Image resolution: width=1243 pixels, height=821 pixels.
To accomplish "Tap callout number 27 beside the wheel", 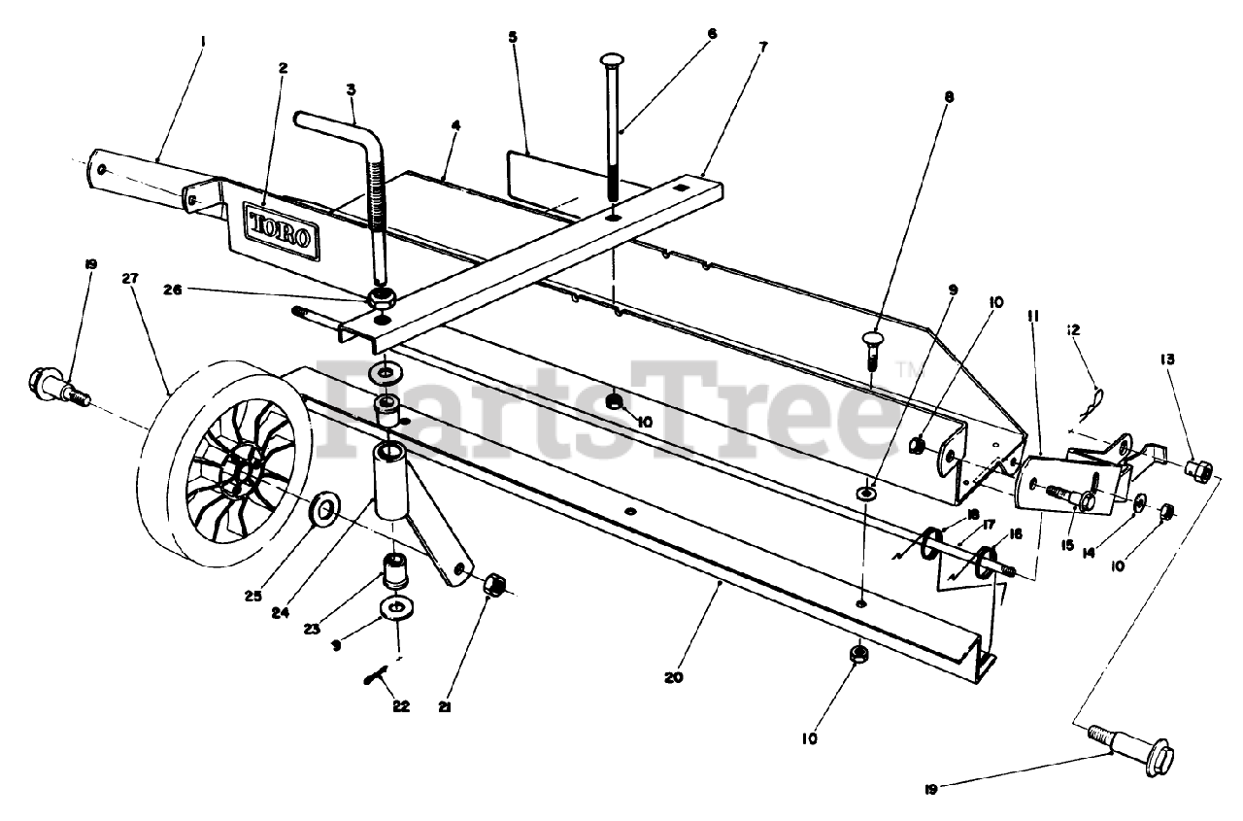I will coord(130,279).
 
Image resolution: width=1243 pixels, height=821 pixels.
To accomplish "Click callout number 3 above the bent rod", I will coord(352,89).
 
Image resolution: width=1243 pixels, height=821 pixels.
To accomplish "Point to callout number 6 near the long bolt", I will coord(712,33).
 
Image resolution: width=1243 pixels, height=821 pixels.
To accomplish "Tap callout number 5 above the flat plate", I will coord(513,37).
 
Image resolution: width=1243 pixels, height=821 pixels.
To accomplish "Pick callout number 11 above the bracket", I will coord(1032,316).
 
